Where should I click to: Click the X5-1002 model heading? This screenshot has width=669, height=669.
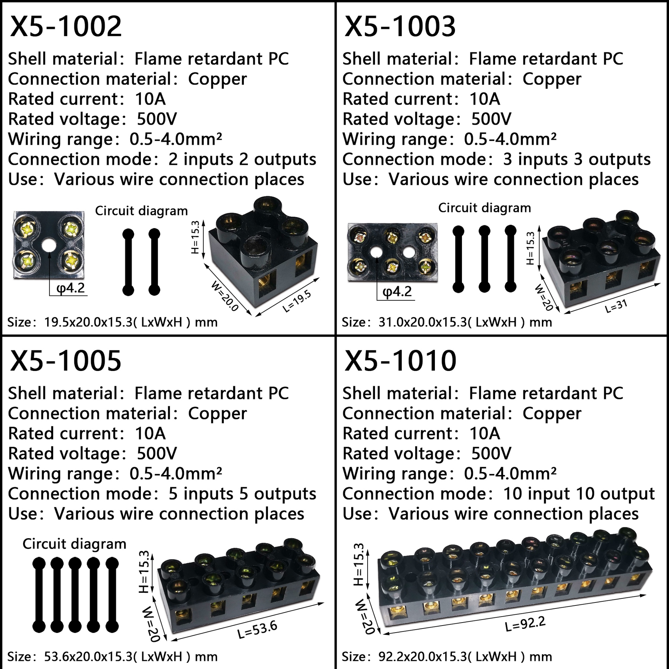[66, 26]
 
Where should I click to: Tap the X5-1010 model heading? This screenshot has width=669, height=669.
[400, 361]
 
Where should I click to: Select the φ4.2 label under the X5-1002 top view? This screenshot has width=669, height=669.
[71, 288]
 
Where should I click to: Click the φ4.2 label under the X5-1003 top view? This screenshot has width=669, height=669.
[397, 291]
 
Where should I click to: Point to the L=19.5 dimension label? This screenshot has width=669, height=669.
[296, 301]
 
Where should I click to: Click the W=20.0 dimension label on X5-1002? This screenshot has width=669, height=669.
[224, 296]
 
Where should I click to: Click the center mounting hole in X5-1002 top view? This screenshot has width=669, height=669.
[48, 245]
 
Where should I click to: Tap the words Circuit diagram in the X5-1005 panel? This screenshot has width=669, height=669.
[74, 544]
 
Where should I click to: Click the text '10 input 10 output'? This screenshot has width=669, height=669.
[579, 494]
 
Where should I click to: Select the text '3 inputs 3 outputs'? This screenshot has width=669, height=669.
[577, 159]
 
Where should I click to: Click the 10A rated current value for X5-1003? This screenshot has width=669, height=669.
[485, 99]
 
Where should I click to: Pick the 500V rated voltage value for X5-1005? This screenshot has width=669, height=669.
[157, 453]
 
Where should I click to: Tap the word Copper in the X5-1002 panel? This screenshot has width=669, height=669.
[217, 79]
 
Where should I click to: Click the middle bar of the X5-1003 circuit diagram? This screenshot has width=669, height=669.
[484, 259]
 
